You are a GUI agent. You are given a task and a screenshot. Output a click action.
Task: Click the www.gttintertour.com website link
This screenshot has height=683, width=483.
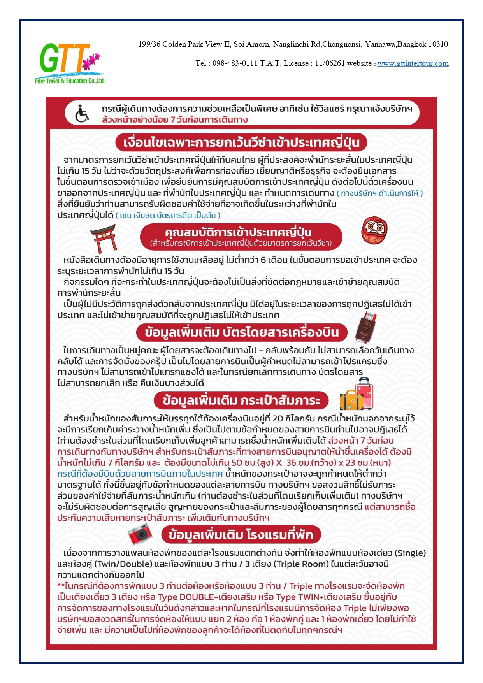coord(413,63)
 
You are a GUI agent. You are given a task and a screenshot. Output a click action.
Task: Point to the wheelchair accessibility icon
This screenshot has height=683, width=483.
coord(82,113)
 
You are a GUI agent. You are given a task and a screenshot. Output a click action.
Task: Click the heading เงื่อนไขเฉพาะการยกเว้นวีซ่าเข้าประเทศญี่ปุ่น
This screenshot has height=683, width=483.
coord(241,143)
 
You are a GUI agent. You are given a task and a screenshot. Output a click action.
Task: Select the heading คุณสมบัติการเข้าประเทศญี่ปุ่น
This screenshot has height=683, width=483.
coord(238,233)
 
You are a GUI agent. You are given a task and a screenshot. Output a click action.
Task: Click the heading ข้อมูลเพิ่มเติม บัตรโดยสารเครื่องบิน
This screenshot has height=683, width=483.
coord(242,332)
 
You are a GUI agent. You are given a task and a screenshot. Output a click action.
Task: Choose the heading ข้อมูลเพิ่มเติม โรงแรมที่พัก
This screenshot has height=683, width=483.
coord(241,535)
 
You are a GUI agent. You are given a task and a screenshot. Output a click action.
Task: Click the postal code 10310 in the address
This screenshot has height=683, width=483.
coord(438,44)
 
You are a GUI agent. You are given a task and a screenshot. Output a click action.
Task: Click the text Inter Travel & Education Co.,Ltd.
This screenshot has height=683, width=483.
coord(70,81)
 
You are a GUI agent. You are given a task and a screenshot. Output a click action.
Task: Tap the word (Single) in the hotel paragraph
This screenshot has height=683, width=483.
coord(410,553)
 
